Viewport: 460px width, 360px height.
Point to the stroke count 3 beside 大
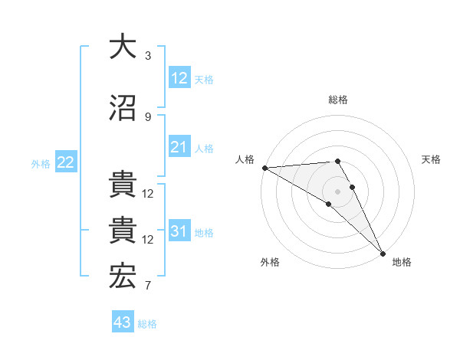pos(147,56)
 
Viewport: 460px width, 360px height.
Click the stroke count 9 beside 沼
pos(147,117)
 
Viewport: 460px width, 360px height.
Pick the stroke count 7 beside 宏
pos(147,286)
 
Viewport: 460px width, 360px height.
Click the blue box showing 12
pos(179,78)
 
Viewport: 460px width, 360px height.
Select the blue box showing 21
pos(179,147)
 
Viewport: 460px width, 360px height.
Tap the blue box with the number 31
pos(179,231)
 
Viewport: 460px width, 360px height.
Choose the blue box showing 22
pos(66,162)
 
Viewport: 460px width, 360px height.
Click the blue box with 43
pos(123,322)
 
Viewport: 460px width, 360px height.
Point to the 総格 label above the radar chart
pos(337,100)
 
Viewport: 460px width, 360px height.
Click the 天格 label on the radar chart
pos(431,159)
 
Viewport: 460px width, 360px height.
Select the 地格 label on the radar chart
pos(402,262)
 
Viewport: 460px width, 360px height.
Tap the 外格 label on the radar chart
pos(270,262)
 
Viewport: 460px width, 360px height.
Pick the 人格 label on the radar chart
pos(245,159)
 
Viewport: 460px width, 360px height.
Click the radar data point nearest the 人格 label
pos(264,168)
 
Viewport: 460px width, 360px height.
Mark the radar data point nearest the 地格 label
pos(383,253)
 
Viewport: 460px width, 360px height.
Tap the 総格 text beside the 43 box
pos(147,324)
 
